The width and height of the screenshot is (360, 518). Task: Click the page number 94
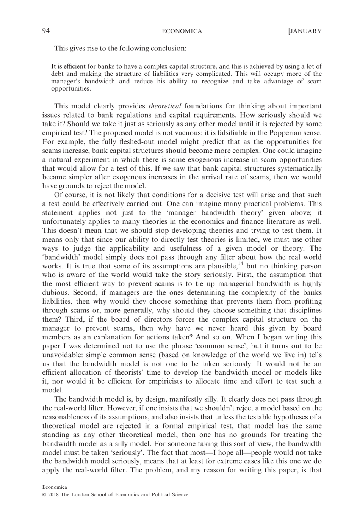click(46, 31)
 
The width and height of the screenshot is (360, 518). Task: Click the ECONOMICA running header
click(182, 31)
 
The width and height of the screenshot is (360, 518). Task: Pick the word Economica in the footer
click(55, 487)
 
